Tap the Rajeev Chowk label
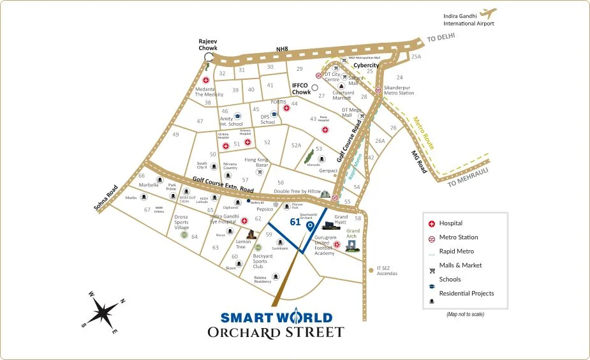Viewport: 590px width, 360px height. (x=208, y=43)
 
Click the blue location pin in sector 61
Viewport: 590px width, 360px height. (x=310, y=226)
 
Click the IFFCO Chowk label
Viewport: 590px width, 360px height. (x=300, y=88)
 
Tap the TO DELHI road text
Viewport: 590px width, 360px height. (x=442, y=38)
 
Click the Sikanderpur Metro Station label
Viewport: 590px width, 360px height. (x=399, y=90)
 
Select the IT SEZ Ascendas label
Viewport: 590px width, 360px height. (x=387, y=271)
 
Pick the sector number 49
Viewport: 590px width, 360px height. (x=175, y=135)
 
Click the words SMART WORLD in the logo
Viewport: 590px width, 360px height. (x=276, y=317)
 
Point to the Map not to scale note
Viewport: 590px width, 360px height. (x=465, y=314)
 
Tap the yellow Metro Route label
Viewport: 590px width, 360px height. (x=424, y=133)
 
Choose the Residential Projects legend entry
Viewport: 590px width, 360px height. (x=466, y=293)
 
